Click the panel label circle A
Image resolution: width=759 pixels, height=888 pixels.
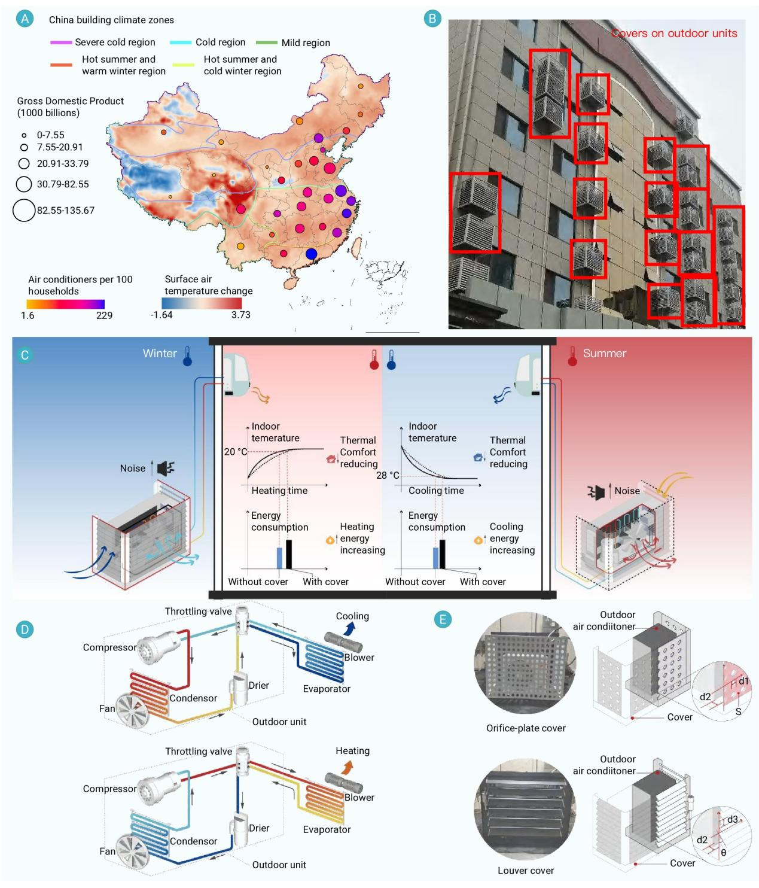[25, 19]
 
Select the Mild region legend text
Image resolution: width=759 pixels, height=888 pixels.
[305, 42]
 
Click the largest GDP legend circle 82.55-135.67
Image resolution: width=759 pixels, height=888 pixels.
[24, 210]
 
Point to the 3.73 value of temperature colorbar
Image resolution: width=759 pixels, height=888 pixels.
[241, 315]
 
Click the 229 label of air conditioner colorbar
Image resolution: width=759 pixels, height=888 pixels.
[104, 315]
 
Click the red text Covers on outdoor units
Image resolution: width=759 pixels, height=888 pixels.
[674, 34]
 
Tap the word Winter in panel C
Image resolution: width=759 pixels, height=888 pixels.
[160, 353]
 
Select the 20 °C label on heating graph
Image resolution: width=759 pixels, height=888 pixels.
[235, 452]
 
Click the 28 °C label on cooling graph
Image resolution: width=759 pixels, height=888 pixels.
[388, 475]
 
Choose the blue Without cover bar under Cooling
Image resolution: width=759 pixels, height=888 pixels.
[435, 557]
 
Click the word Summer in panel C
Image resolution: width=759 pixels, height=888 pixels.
[604, 353]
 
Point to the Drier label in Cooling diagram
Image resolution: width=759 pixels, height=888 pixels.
[259, 685]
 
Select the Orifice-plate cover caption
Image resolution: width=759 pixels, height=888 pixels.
[526, 728]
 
